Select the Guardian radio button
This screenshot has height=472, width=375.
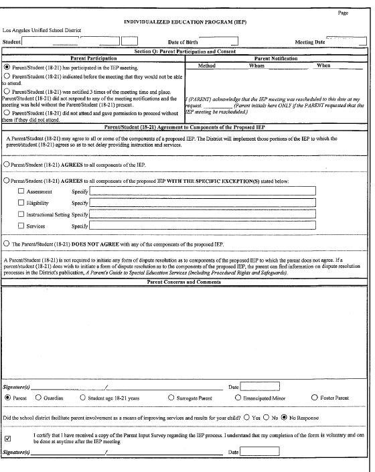[x=39, y=398]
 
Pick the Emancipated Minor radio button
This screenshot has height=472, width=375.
[x=238, y=398]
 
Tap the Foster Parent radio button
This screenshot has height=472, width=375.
[x=315, y=398]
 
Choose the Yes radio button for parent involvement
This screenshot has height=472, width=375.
[x=247, y=417]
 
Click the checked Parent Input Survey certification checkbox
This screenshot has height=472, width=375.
[x=8, y=439]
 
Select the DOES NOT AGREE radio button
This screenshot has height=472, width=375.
[x=7, y=245]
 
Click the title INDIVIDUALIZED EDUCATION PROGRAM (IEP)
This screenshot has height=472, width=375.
[x=186, y=21]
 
